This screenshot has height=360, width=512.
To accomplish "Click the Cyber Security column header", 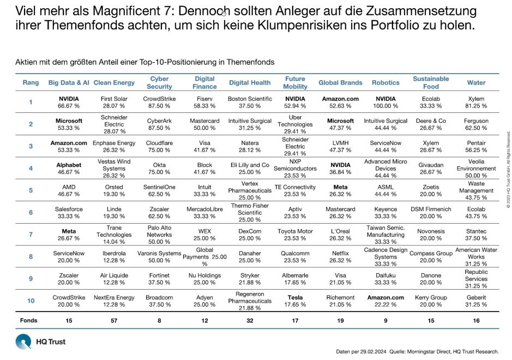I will [159, 82].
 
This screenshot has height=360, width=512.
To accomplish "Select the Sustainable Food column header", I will [431, 82].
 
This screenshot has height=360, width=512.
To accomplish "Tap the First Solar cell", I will [114, 102].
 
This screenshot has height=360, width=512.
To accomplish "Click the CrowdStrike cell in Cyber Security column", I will [159, 102].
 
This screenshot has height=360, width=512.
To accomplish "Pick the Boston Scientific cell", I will [249, 102].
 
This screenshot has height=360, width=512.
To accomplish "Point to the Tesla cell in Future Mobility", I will [295, 301].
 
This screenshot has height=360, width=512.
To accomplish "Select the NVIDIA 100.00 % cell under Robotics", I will [385, 102].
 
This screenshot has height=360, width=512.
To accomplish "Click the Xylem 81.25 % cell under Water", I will [476, 102].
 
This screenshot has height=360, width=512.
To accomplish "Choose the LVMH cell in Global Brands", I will [340, 146].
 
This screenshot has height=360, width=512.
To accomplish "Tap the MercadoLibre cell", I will [204, 212].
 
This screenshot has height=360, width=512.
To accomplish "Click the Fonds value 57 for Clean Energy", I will [114, 321].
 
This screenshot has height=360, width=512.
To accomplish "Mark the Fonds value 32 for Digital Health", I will [249, 321].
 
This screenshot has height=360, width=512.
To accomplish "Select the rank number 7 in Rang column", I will [31, 235].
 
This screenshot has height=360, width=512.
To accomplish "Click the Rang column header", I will [31, 82].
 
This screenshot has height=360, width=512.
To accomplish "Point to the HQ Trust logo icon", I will [23, 342].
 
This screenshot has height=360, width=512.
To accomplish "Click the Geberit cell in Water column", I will [476, 301].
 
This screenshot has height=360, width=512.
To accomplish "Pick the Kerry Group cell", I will [431, 301].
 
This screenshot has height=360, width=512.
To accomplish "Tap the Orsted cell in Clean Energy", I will [114, 190].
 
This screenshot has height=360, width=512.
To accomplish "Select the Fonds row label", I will [29, 321].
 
